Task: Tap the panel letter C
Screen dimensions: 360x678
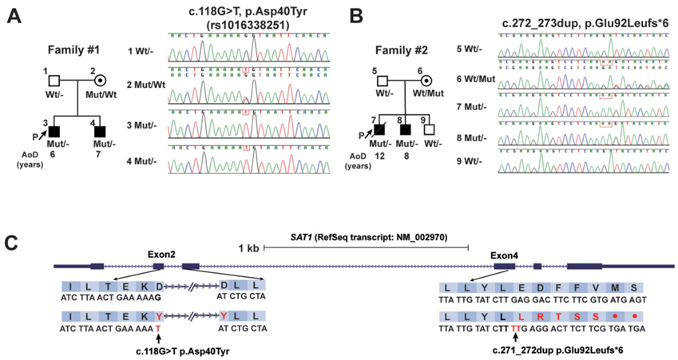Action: point(14,239)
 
